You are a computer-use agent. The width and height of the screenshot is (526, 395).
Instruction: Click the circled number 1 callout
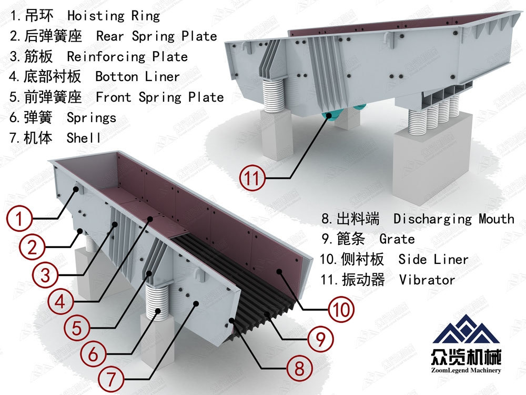19,219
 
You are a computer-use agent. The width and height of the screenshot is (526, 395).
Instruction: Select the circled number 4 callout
60,301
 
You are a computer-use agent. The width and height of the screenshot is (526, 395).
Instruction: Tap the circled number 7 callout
110,379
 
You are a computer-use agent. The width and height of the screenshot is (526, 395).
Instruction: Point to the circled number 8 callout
299,368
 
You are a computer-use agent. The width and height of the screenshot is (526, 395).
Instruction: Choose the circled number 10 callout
341,309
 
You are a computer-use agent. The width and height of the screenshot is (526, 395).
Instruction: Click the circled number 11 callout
252,177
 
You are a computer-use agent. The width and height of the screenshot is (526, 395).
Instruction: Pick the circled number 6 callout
93,354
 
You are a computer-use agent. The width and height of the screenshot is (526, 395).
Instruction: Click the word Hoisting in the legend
96,16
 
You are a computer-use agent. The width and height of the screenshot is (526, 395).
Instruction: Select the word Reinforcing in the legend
106,57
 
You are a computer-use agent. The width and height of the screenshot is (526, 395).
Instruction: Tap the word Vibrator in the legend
427,280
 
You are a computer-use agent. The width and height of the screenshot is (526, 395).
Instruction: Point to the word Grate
397,239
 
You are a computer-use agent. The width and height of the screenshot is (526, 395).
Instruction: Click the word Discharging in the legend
433,219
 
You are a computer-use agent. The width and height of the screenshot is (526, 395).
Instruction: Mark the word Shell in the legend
84,137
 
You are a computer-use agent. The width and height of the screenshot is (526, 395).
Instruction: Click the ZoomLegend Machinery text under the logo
466,370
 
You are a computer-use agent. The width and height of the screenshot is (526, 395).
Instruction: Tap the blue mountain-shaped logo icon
466,330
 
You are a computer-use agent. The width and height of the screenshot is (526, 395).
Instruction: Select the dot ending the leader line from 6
157,311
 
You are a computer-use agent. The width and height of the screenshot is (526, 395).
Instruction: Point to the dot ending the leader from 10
278,271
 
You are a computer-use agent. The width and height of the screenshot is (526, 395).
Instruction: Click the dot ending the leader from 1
76,190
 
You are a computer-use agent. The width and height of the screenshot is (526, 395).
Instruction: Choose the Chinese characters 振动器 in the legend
363,280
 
